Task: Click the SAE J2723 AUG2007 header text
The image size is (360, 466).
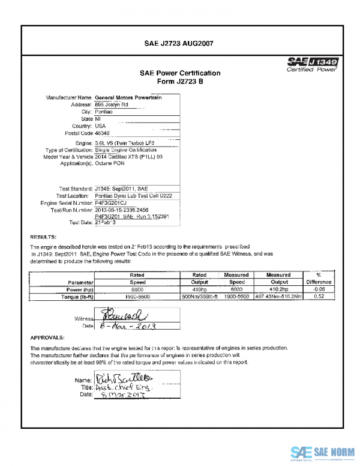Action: pos(179,44)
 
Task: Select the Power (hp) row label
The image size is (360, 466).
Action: pos(78,289)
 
